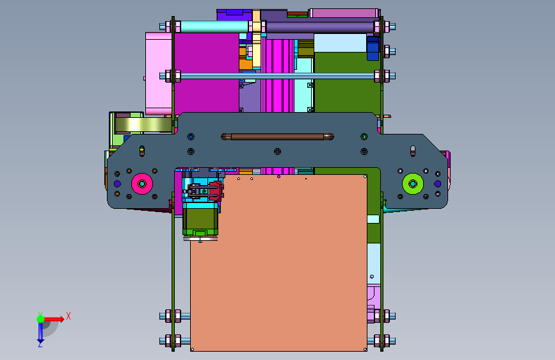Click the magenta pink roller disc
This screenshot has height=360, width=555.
142,184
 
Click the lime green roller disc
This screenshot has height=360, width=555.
413,184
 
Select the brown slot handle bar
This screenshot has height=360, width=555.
277,137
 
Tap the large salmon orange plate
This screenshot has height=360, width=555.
278,263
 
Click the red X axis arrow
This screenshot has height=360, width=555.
54,319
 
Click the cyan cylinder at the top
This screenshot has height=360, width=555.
214,26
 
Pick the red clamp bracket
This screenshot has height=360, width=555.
216,192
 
